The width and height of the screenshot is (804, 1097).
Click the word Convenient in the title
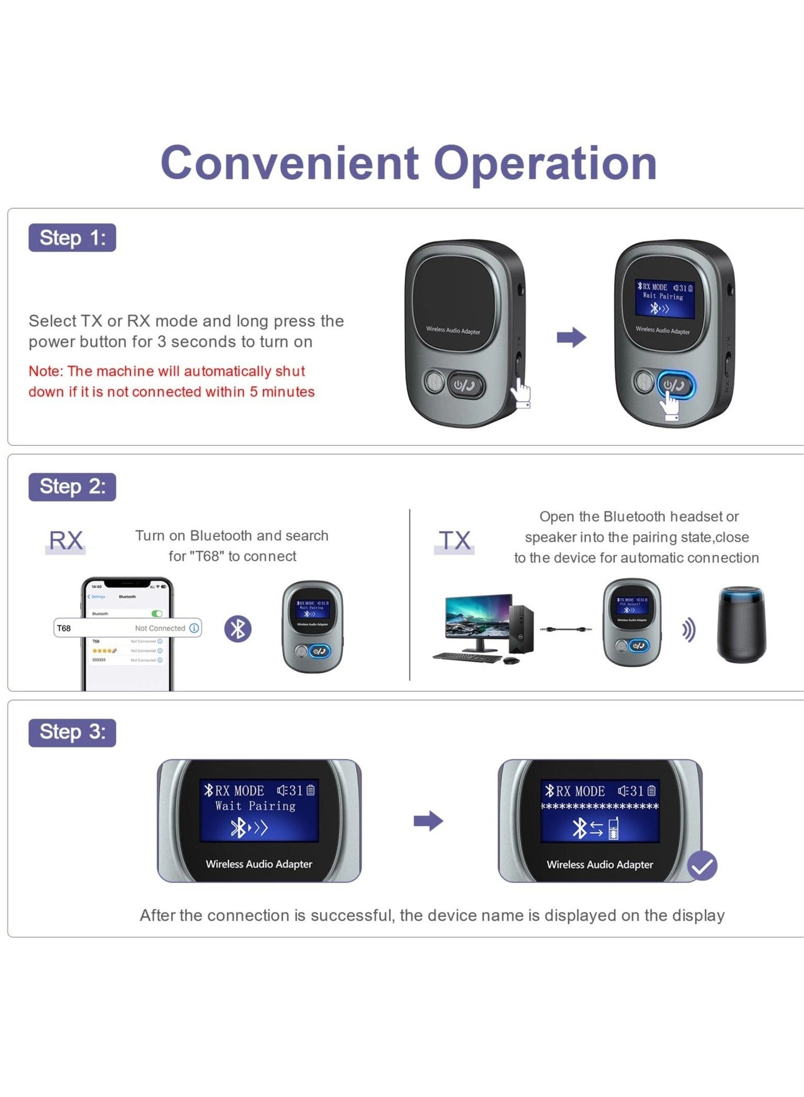point(290,163)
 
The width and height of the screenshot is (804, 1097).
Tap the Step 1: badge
point(72,237)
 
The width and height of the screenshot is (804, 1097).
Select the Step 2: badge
point(72,487)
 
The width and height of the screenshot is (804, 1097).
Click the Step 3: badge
point(72,732)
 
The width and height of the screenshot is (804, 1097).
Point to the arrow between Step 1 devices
point(571,337)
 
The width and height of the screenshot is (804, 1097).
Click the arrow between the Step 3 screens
point(428,821)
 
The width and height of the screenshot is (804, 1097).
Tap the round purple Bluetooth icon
point(238,629)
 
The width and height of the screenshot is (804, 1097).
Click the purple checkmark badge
point(702,865)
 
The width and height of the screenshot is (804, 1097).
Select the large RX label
point(65,541)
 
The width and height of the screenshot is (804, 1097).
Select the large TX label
point(454,541)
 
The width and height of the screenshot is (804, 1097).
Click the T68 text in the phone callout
point(64,628)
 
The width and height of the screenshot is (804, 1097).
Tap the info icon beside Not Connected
point(194,628)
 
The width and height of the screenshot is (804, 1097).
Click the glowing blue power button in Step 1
point(676,385)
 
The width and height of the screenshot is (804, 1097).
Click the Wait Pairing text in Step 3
point(255,806)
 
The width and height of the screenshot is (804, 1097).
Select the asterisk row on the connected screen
point(600,807)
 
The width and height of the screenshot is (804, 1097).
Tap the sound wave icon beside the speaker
point(689,630)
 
